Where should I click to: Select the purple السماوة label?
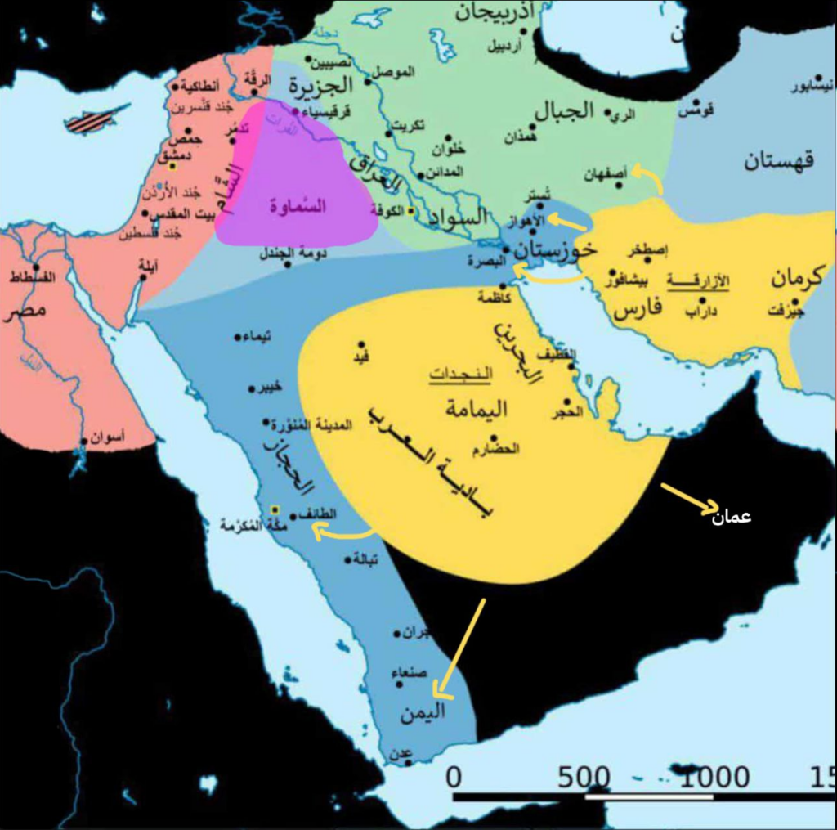tap(298, 206)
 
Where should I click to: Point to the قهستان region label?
tap(778, 160)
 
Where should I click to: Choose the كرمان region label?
tap(799, 278)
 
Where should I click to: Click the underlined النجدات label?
tap(461, 375)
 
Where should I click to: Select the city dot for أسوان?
tap(83, 442)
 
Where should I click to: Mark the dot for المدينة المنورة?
tap(266, 423)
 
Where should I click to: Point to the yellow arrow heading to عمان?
tap(689, 499)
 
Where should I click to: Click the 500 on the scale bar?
tap(585, 777)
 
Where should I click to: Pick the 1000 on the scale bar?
tap(705, 777)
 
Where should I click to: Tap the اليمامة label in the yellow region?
tap(476, 408)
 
